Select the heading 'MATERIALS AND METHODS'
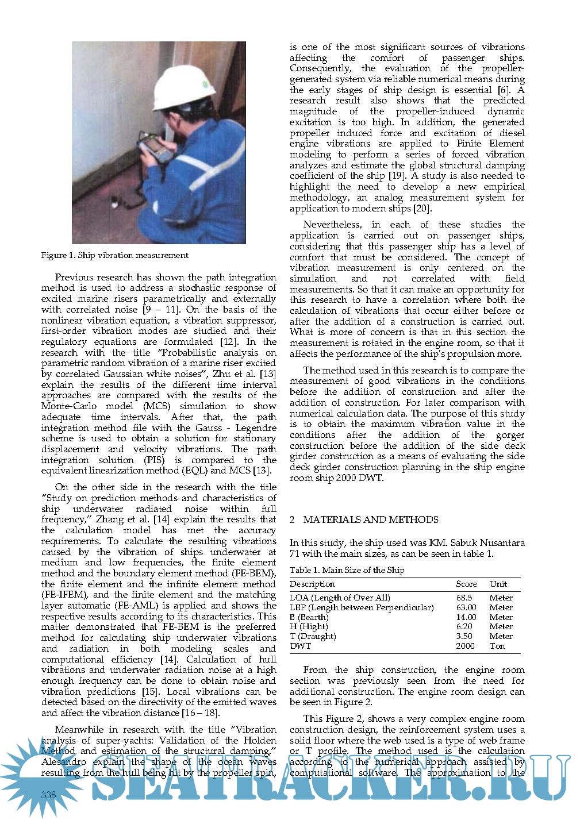point(371,519)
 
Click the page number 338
point(49,794)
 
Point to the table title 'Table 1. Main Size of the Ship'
point(347,570)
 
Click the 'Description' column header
point(312,584)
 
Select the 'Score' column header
point(466,584)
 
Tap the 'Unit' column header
point(498,584)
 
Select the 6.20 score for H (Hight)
point(464,627)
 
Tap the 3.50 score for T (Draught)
point(464,636)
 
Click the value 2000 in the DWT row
point(465,646)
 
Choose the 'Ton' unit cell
point(497,646)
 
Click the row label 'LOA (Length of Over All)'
point(340,598)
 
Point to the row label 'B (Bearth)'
point(309,617)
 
